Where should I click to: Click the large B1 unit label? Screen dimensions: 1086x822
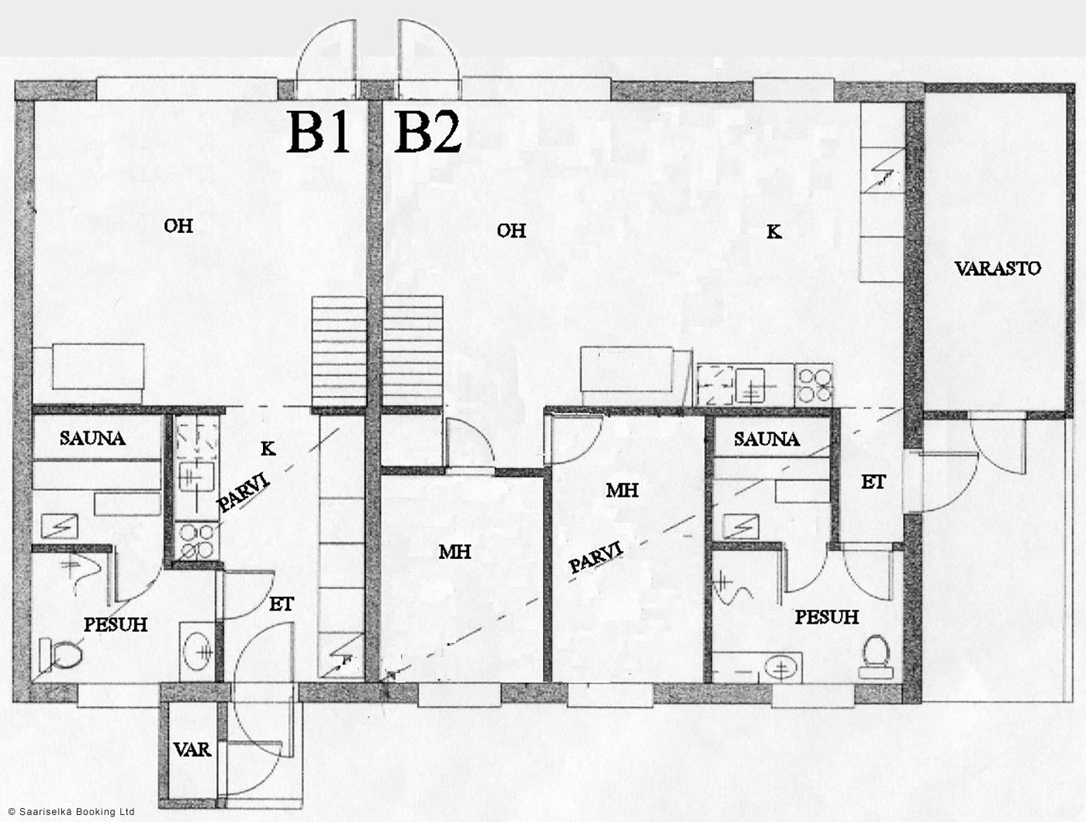[x=318, y=132]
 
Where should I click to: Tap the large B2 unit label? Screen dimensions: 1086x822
[x=428, y=132]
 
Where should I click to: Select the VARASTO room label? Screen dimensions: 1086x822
[x=998, y=269]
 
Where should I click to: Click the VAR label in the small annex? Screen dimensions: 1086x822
[x=192, y=750]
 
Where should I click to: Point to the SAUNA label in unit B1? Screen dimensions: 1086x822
[x=92, y=439]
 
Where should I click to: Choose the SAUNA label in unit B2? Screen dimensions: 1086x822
[x=767, y=439]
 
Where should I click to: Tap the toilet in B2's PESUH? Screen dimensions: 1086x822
[x=877, y=657]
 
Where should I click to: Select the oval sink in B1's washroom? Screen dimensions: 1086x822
[x=198, y=652]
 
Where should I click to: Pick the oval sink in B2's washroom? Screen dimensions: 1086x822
[x=781, y=668]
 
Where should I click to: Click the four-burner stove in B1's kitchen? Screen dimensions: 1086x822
[x=196, y=542]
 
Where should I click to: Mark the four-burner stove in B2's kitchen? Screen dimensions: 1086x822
[x=814, y=386]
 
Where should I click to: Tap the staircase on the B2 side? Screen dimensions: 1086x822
[x=413, y=352]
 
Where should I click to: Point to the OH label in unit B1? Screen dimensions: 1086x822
[x=178, y=226]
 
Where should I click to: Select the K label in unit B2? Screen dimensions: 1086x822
[x=774, y=231]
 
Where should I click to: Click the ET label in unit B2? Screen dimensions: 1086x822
[x=873, y=483]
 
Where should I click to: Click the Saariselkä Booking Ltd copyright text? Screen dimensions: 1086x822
[x=71, y=812]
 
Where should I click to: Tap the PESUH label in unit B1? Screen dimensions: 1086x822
[x=116, y=625]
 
